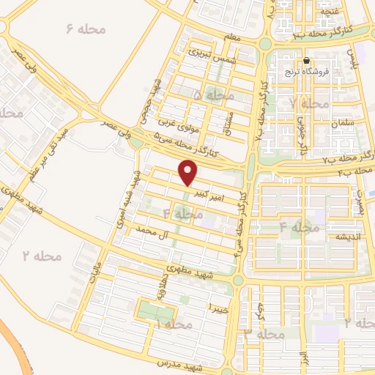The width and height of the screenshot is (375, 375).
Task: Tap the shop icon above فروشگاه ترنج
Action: [x=306, y=62]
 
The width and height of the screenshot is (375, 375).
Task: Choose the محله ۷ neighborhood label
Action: [x=311, y=103]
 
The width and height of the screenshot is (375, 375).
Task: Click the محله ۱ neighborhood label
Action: [x=167, y=323]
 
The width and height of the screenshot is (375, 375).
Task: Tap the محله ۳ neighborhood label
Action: [x=265, y=334]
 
